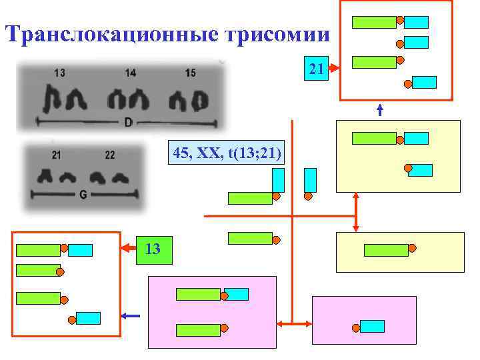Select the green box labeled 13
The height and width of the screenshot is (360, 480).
pos(153,249)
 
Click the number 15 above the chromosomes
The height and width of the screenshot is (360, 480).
pos(190,73)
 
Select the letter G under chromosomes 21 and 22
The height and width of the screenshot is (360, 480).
pos(83,195)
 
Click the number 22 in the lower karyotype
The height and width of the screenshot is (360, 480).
pos(109,155)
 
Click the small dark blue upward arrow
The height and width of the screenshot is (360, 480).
pos(380,110)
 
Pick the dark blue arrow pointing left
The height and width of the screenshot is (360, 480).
pos(131,315)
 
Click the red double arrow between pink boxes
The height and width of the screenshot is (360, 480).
pos(294,325)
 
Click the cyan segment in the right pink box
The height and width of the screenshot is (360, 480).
pos(372,326)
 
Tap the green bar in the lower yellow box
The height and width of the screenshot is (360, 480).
pos(386,250)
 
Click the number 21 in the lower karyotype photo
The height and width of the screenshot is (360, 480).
pos(56,155)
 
